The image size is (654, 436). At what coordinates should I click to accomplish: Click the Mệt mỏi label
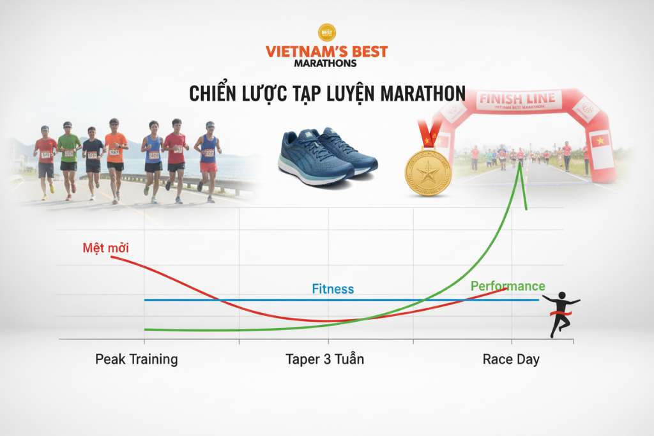pos(105,248)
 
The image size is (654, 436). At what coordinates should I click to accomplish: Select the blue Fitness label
pos(333,289)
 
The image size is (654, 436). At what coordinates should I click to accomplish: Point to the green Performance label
pos(508,286)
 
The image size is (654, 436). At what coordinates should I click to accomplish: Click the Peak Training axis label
pos(137,359)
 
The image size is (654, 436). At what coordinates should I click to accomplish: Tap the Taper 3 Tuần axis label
pos(324,359)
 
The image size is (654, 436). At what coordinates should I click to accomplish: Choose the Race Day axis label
pos(511,359)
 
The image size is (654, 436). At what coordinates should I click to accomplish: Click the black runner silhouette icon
pos(559,313)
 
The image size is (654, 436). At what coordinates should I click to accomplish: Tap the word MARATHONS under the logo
pos(326,63)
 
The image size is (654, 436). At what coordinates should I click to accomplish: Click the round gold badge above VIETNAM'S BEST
pos(327,32)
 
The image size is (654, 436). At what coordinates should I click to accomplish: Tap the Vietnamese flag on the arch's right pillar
pos(600,141)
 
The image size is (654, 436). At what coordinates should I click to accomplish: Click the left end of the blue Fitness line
pos(146,299)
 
